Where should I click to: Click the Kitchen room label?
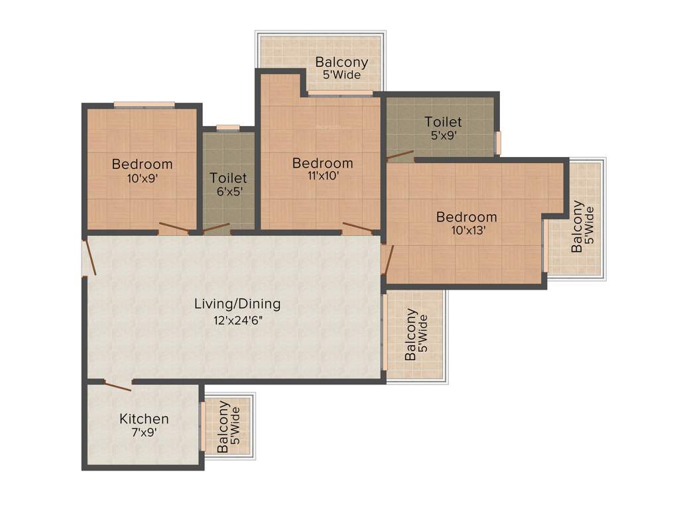144,419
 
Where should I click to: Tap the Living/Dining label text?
237,304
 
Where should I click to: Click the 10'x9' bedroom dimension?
142,178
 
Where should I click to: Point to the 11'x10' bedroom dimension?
323,177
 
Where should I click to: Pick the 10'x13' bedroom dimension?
466,231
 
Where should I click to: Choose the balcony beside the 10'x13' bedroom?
584,226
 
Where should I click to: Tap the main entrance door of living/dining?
90,258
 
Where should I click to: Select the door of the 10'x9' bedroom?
174,229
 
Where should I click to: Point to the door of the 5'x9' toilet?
401,157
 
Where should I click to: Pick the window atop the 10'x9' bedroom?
144,104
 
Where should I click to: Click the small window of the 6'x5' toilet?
228,127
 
